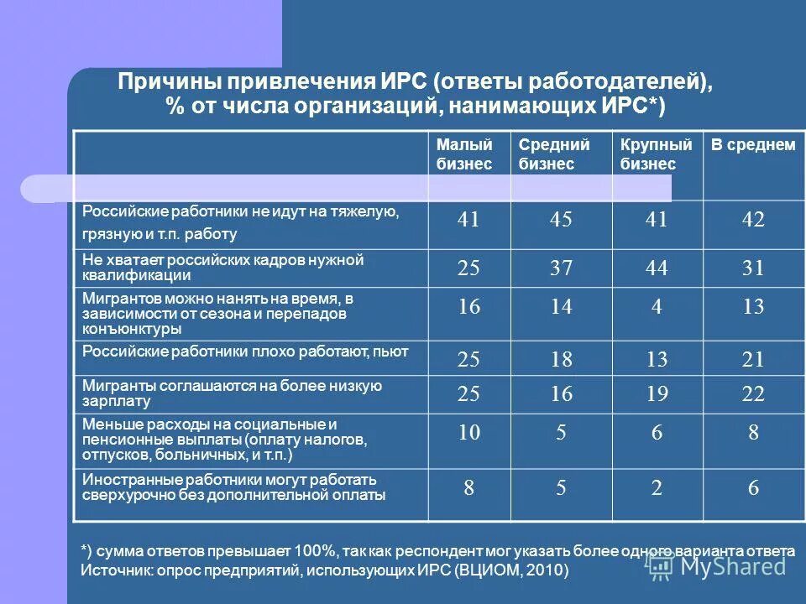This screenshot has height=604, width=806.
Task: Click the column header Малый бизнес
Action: point(463,154)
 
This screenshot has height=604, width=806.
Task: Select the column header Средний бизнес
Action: point(553,154)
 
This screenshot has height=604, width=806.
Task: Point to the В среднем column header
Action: point(752,145)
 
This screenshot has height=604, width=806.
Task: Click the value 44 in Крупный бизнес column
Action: point(657,268)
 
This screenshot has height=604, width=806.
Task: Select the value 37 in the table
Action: point(561,268)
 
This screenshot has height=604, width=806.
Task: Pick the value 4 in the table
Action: point(657,307)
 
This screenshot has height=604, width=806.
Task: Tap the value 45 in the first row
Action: point(561,220)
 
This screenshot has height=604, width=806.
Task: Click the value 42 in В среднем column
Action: point(753,220)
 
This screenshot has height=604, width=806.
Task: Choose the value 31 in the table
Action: point(753,268)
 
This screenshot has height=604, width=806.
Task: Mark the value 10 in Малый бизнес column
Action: point(468,433)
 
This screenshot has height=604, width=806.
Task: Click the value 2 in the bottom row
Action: point(657,488)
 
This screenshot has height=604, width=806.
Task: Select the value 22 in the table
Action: point(753,393)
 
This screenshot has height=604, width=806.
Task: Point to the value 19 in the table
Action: point(657,393)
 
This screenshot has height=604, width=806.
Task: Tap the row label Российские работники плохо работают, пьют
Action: point(245,351)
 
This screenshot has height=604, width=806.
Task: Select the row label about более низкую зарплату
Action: point(232,393)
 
